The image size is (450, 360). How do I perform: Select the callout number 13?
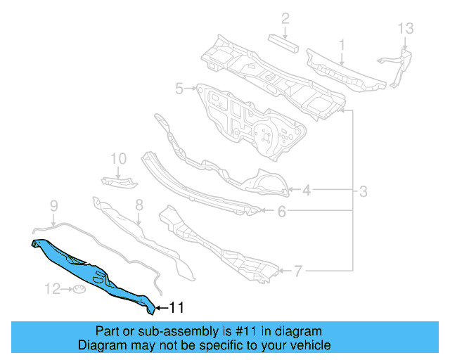click(x=406, y=29)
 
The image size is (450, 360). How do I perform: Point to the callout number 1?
click(x=342, y=46)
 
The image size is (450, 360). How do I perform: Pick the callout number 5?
click(x=179, y=89)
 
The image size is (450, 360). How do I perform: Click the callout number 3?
click(x=364, y=191)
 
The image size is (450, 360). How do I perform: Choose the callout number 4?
click(x=307, y=189)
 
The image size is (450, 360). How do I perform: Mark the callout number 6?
click(x=281, y=210)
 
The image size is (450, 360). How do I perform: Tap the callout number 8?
click(x=139, y=205)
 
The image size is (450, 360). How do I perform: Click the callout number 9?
click(x=53, y=205)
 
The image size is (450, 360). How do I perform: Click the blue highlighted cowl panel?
click(x=91, y=271)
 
